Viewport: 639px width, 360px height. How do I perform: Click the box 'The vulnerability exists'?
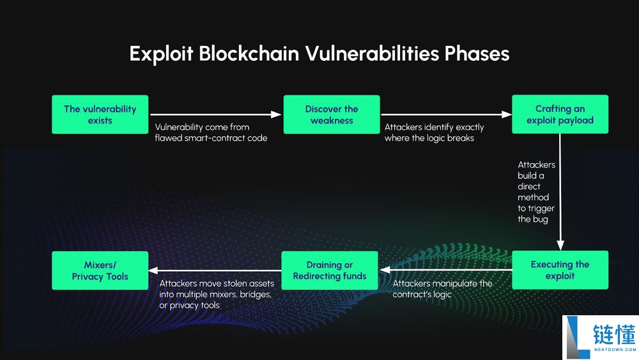[x=100, y=114]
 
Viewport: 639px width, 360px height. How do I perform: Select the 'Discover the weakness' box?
[x=332, y=114]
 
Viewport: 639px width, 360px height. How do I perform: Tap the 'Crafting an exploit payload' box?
[x=560, y=114]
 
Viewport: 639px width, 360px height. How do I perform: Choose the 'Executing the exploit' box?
[x=560, y=270]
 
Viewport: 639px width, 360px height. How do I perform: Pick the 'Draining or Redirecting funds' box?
[x=330, y=270]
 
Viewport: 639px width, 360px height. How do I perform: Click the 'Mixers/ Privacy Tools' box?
[x=100, y=270]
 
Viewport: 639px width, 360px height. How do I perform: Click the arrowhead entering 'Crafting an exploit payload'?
[x=507, y=114]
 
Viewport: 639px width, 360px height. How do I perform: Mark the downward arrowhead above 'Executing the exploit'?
[x=560, y=246]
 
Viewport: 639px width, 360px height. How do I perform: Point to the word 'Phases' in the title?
[x=475, y=53]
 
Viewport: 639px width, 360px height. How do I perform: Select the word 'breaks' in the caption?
[x=460, y=138]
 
